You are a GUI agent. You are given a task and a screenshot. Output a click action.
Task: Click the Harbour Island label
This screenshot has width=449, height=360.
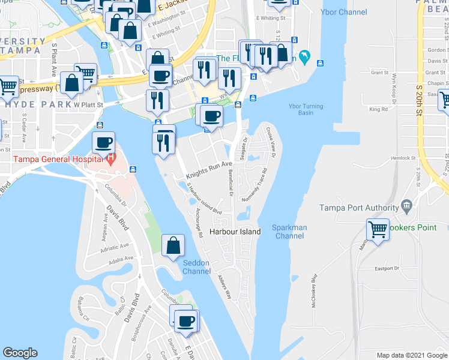(235, 232)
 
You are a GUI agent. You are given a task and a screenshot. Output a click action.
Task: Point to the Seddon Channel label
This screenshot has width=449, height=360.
(196, 268)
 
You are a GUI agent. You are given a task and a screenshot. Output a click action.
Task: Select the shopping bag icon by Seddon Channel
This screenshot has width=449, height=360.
(173, 245)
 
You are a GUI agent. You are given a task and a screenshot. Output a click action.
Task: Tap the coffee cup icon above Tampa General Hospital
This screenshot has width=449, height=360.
(103, 142)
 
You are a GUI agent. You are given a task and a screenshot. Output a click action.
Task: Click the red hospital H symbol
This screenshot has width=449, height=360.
(111, 158)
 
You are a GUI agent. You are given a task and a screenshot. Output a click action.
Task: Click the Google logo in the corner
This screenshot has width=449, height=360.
(20, 353)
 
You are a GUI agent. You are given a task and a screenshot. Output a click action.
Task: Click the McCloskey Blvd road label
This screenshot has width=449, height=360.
(313, 292)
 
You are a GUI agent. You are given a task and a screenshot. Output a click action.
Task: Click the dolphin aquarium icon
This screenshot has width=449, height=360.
(306, 57)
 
